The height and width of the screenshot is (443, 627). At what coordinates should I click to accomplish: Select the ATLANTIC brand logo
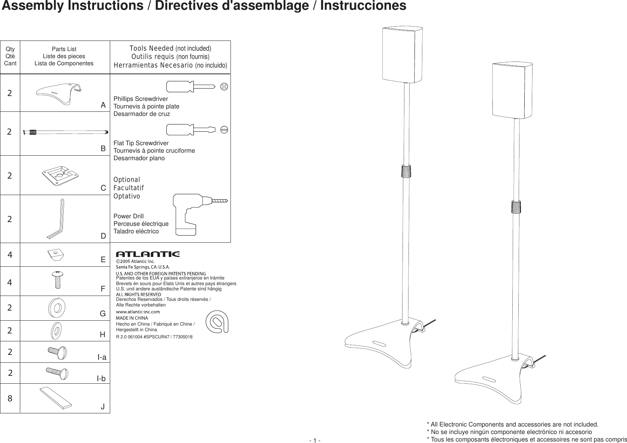click(148, 254)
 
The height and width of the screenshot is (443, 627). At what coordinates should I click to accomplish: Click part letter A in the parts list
click(103, 105)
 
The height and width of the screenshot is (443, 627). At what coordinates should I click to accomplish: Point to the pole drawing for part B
click(66, 132)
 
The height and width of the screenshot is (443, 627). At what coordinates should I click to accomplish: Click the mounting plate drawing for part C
click(60, 175)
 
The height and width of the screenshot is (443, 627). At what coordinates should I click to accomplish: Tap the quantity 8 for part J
click(10, 398)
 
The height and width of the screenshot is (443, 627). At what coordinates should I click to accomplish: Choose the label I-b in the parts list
click(101, 379)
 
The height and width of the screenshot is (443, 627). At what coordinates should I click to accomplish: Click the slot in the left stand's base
click(379, 343)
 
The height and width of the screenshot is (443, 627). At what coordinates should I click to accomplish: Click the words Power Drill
click(129, 216)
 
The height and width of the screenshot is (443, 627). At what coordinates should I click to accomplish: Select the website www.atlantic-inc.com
click(138, 312)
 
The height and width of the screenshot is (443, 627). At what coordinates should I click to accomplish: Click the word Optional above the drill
click(127, 180)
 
